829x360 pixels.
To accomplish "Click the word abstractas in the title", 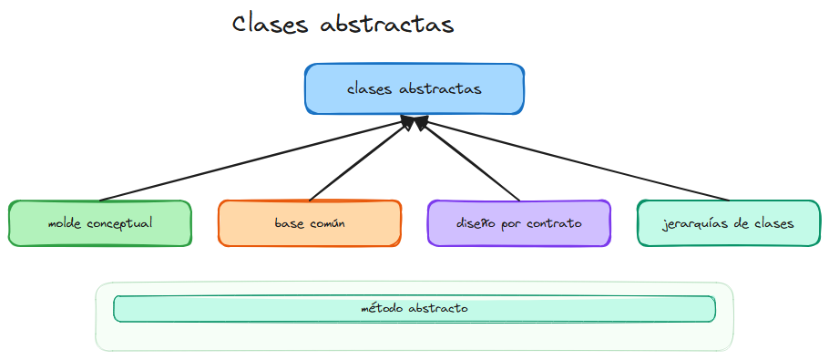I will coord(388,24).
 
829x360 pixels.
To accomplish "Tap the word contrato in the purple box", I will coord(557,223).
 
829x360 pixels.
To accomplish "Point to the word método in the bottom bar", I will coord(380,309).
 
